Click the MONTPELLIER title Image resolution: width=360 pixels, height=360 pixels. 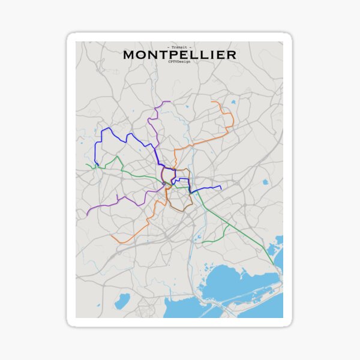179,55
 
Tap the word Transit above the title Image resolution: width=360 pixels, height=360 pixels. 179,47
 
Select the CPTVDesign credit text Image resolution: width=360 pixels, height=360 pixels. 179,62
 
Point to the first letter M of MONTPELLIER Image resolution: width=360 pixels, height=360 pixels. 129,55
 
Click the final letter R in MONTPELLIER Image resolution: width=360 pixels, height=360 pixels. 232,55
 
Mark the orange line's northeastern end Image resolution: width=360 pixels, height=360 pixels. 212,102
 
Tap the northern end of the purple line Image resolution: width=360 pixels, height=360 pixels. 170,101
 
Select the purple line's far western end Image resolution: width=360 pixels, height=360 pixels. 87,215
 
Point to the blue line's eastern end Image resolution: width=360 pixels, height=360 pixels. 221,187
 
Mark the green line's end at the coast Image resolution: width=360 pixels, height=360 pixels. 274,265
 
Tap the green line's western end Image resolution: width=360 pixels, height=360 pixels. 86,164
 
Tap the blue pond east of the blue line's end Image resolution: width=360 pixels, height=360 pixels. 265,181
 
